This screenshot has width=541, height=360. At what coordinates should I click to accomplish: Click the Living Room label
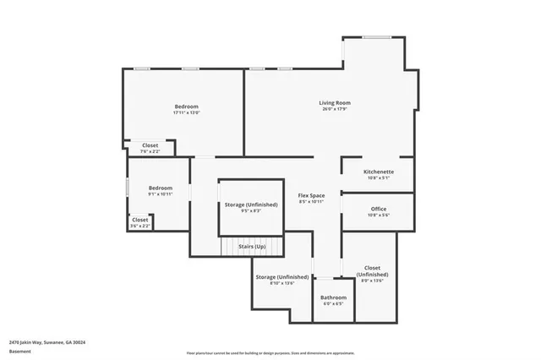pos(335,103)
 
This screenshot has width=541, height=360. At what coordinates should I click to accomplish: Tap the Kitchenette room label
pos(377,172)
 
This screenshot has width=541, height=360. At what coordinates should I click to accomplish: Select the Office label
pos(378,209)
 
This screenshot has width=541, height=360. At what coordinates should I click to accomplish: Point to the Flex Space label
pos(311,195)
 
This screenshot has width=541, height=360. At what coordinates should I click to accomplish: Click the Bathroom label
pos(333,297)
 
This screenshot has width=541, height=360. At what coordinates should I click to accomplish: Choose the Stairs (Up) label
pos(252,247)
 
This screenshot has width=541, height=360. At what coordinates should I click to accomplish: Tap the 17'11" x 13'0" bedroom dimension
pos(186,112)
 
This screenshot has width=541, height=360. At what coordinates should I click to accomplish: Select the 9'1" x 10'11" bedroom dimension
pos(161,194)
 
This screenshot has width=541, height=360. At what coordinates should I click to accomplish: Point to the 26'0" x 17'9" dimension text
pos(335,109)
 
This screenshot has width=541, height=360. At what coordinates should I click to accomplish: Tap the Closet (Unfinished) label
pos(372,271)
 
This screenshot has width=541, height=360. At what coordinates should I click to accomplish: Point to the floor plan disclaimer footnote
pos(270,352)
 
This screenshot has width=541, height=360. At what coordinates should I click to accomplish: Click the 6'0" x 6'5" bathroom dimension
pos(333,303)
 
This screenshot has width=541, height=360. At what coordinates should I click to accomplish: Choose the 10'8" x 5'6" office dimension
pos(378,215)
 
